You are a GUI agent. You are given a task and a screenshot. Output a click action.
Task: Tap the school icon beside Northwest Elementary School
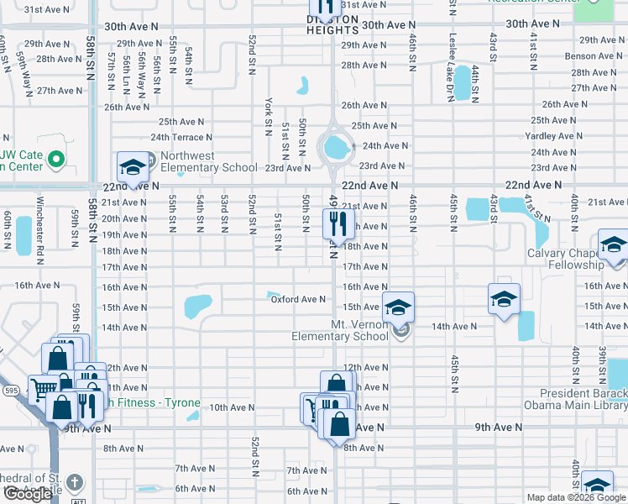point(132,168)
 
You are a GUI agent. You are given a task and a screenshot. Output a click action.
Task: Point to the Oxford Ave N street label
point(297,299)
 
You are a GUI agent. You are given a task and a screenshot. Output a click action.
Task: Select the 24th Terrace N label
point(181,137)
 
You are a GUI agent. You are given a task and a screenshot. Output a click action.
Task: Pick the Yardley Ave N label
point(550,136)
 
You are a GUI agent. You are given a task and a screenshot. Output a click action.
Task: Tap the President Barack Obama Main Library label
point(584,399)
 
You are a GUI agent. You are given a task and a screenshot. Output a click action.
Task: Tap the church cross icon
point(75,482)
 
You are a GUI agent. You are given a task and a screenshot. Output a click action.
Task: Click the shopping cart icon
point(42,388)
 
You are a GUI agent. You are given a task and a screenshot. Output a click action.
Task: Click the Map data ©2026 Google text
point(575,497)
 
